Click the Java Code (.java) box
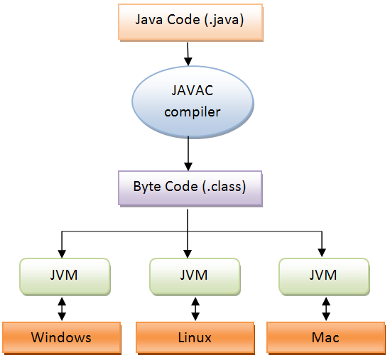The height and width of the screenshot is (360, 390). pyautogui.click(x=189, y=21)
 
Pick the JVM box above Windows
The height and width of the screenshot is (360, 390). pyautogui.click(x=65, y=276)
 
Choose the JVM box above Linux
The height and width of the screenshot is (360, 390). pyautogui.click(x=194, y=276)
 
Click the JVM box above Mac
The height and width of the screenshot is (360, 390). pyautogui.click(x=324, y=276)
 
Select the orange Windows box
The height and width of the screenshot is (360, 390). pyautogui.click(x=61, y=337)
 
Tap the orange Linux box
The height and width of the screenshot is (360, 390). pyautogui.click(x=195, y=337)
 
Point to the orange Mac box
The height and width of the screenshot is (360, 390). pyautogui.click(x=325, y=337)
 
